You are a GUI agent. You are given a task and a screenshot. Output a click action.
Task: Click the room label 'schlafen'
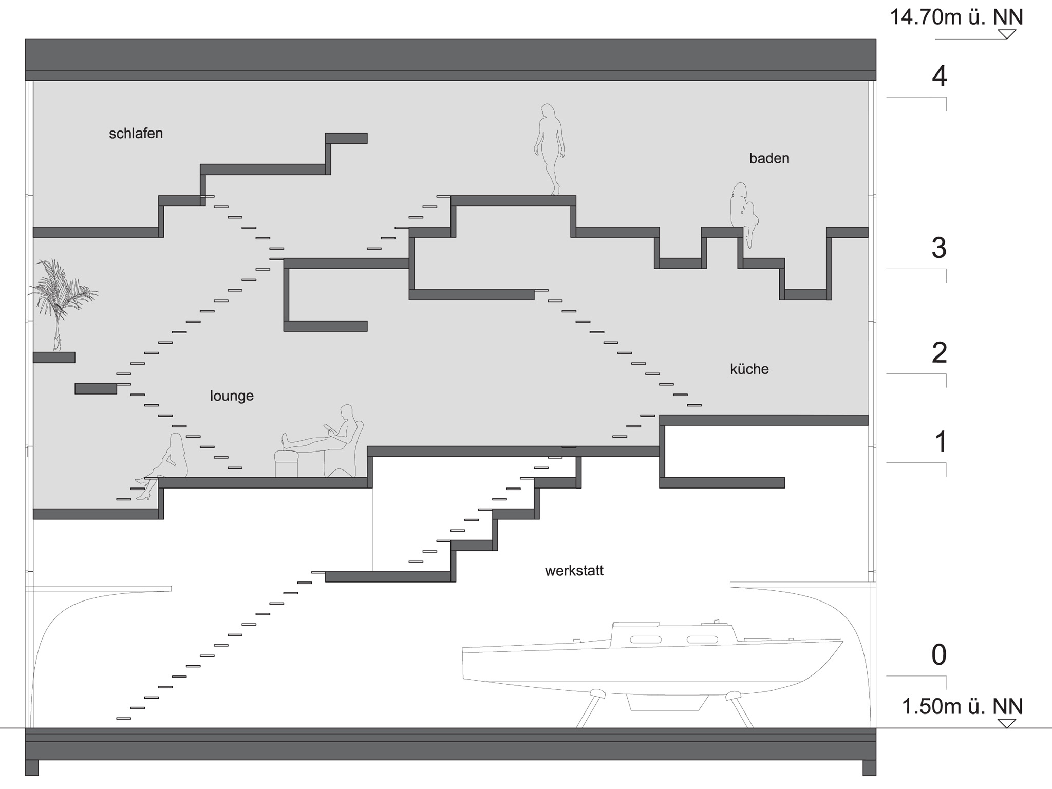click(x=136, y=134)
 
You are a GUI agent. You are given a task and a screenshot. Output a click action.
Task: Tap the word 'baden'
click(x=769, y=158)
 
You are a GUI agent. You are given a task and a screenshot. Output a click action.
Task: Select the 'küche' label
click(x=749, y=369)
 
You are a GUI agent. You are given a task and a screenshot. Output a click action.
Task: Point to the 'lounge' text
click(x=232, y=396)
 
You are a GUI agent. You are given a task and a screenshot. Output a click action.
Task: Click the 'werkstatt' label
click(x=574, y=571)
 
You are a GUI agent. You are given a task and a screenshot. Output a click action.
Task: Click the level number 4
click(x=939, y=77)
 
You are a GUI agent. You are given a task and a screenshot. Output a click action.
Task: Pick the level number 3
click(x=939, y=248)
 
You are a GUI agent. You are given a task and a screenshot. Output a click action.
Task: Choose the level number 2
click(x=939, y=353)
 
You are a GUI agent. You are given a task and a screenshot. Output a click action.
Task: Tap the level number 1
click(x=941, y=442)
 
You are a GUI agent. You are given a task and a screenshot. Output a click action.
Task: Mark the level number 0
click(x=939, y=655)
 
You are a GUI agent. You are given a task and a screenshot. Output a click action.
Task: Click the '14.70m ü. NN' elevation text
click(x=956, y=17)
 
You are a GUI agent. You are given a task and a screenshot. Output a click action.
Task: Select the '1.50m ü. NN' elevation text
click(x=962, y=706)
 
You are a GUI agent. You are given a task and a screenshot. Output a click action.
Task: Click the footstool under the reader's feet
click(x=287, y=463)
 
